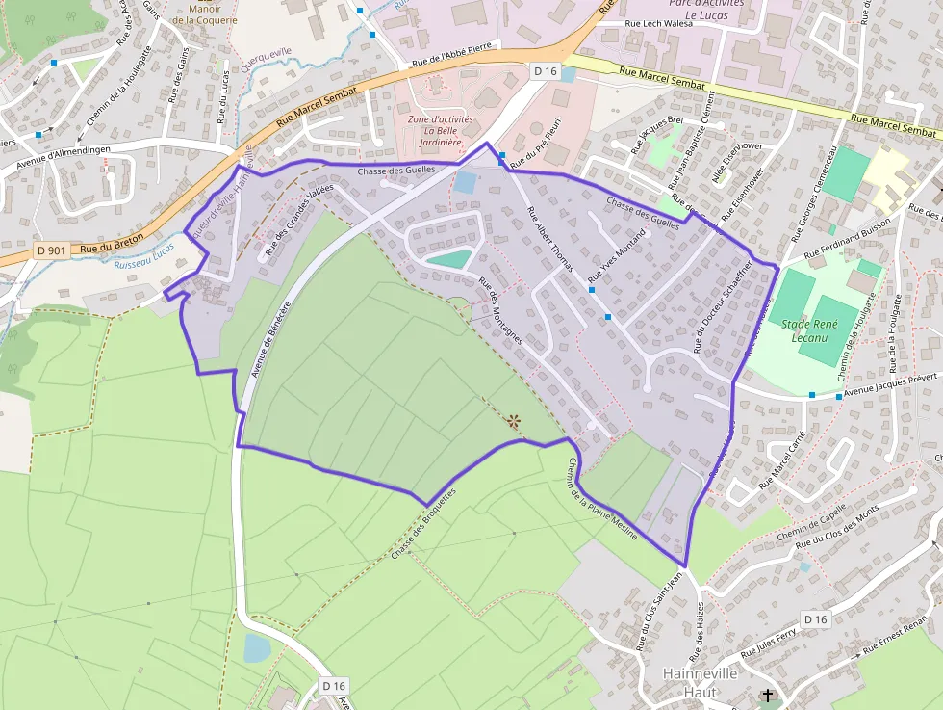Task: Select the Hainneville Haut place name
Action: pyautogui.click(x=700, y=682)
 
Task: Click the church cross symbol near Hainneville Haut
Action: pyautogui.click(x=767, y=695)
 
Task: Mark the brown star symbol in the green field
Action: pyautogui.click(x=513, y=420)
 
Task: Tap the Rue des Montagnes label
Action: pyautogui.click(x=500, y=312)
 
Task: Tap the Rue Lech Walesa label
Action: pyautogui.click(x=659, y=23)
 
